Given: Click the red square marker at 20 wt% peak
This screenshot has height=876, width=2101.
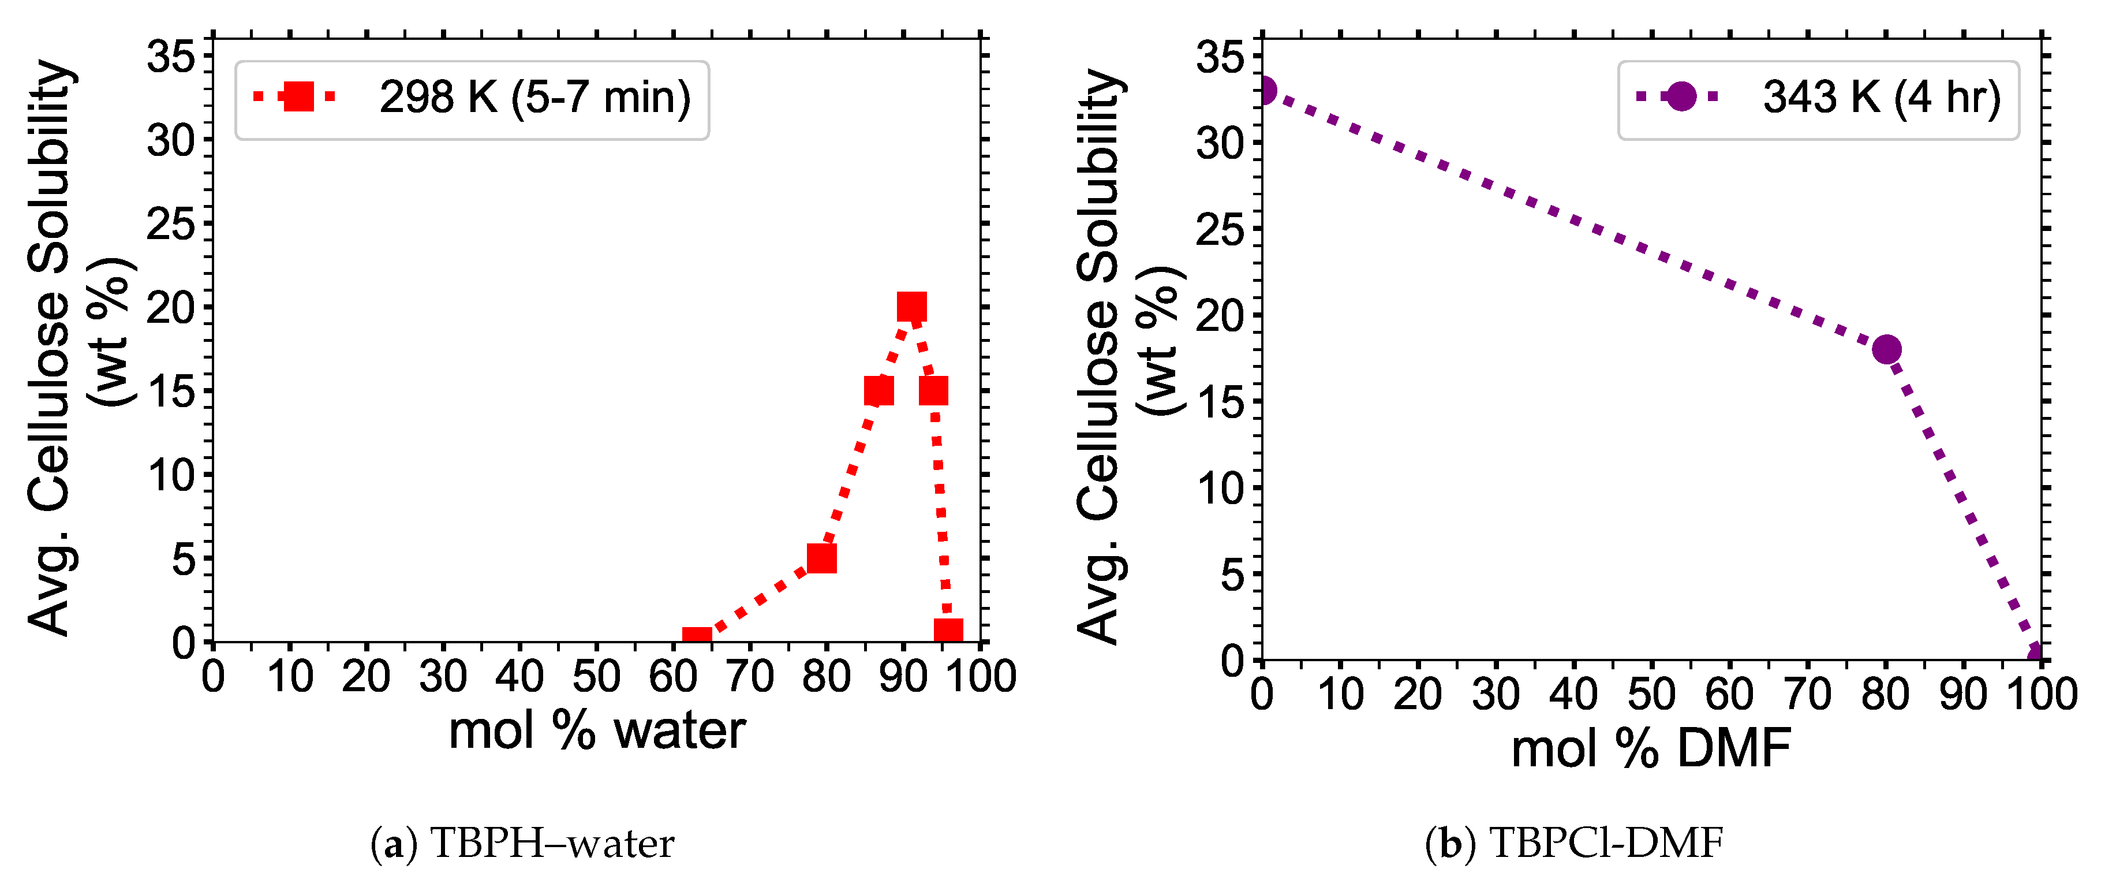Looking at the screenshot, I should tap(911, 308).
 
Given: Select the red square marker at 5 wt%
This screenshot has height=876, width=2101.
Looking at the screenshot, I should tap(821, 559).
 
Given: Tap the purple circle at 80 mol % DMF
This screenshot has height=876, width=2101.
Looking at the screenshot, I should tap(1886, 350).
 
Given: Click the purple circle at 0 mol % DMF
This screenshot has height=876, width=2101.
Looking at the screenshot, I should tap(1264, 91).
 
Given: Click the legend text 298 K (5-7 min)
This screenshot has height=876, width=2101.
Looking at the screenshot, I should tap(534, 98).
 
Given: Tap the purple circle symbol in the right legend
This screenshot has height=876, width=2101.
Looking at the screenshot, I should tap(1681, 97).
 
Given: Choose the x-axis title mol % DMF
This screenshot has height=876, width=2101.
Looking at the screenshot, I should tap(1651, 749).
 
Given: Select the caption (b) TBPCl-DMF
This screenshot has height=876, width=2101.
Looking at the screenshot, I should tap(1574, 844).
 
